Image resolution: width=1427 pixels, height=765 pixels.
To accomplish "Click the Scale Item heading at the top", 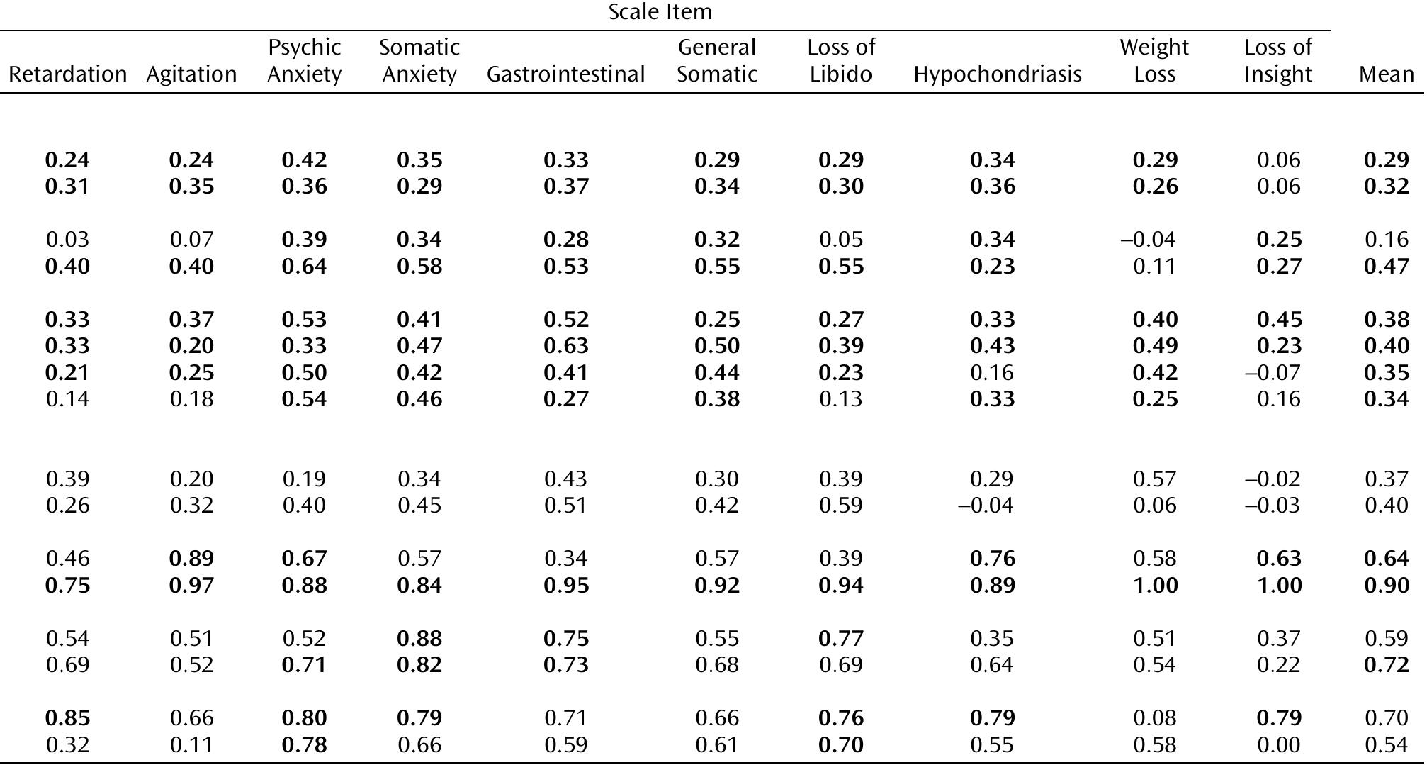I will (x=660, y=12).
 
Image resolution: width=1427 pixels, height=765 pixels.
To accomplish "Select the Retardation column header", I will (x=67, y=74).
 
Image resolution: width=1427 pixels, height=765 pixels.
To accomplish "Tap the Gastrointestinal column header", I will (x=565, y=74).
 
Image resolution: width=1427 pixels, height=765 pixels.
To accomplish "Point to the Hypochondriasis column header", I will (x=997, y=74).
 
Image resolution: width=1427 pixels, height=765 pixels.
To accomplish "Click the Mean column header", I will (x=1386, y=74).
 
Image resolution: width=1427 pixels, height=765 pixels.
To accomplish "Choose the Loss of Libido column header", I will (x=840, y=60).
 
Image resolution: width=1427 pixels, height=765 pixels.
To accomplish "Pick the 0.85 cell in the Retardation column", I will (x=67, y=717).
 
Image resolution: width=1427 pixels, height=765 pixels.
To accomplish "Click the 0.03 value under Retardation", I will (x=67, y=240).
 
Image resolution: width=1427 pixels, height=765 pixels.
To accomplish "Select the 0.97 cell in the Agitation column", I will (x=191, y=585).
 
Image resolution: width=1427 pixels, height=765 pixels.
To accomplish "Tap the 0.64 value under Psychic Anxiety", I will (x=304, y=267).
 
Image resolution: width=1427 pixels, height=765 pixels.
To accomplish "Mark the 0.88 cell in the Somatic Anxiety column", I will (x=419, y=638).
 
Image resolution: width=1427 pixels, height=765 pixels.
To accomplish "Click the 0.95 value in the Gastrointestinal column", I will (x=565, y=585).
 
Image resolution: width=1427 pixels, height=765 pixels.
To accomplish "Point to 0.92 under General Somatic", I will (x=717, y=585).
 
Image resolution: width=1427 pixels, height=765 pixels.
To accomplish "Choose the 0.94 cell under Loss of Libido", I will (x=840, y=585).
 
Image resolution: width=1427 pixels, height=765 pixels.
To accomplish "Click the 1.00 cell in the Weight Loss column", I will (x=1155, y=585).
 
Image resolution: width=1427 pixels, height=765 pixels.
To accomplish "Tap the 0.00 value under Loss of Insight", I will (x=1278, y=744).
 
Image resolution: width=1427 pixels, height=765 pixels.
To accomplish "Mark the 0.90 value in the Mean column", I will (x=1386, y=585).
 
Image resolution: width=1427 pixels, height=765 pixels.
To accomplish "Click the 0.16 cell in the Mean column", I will (x=1386, y=240).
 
